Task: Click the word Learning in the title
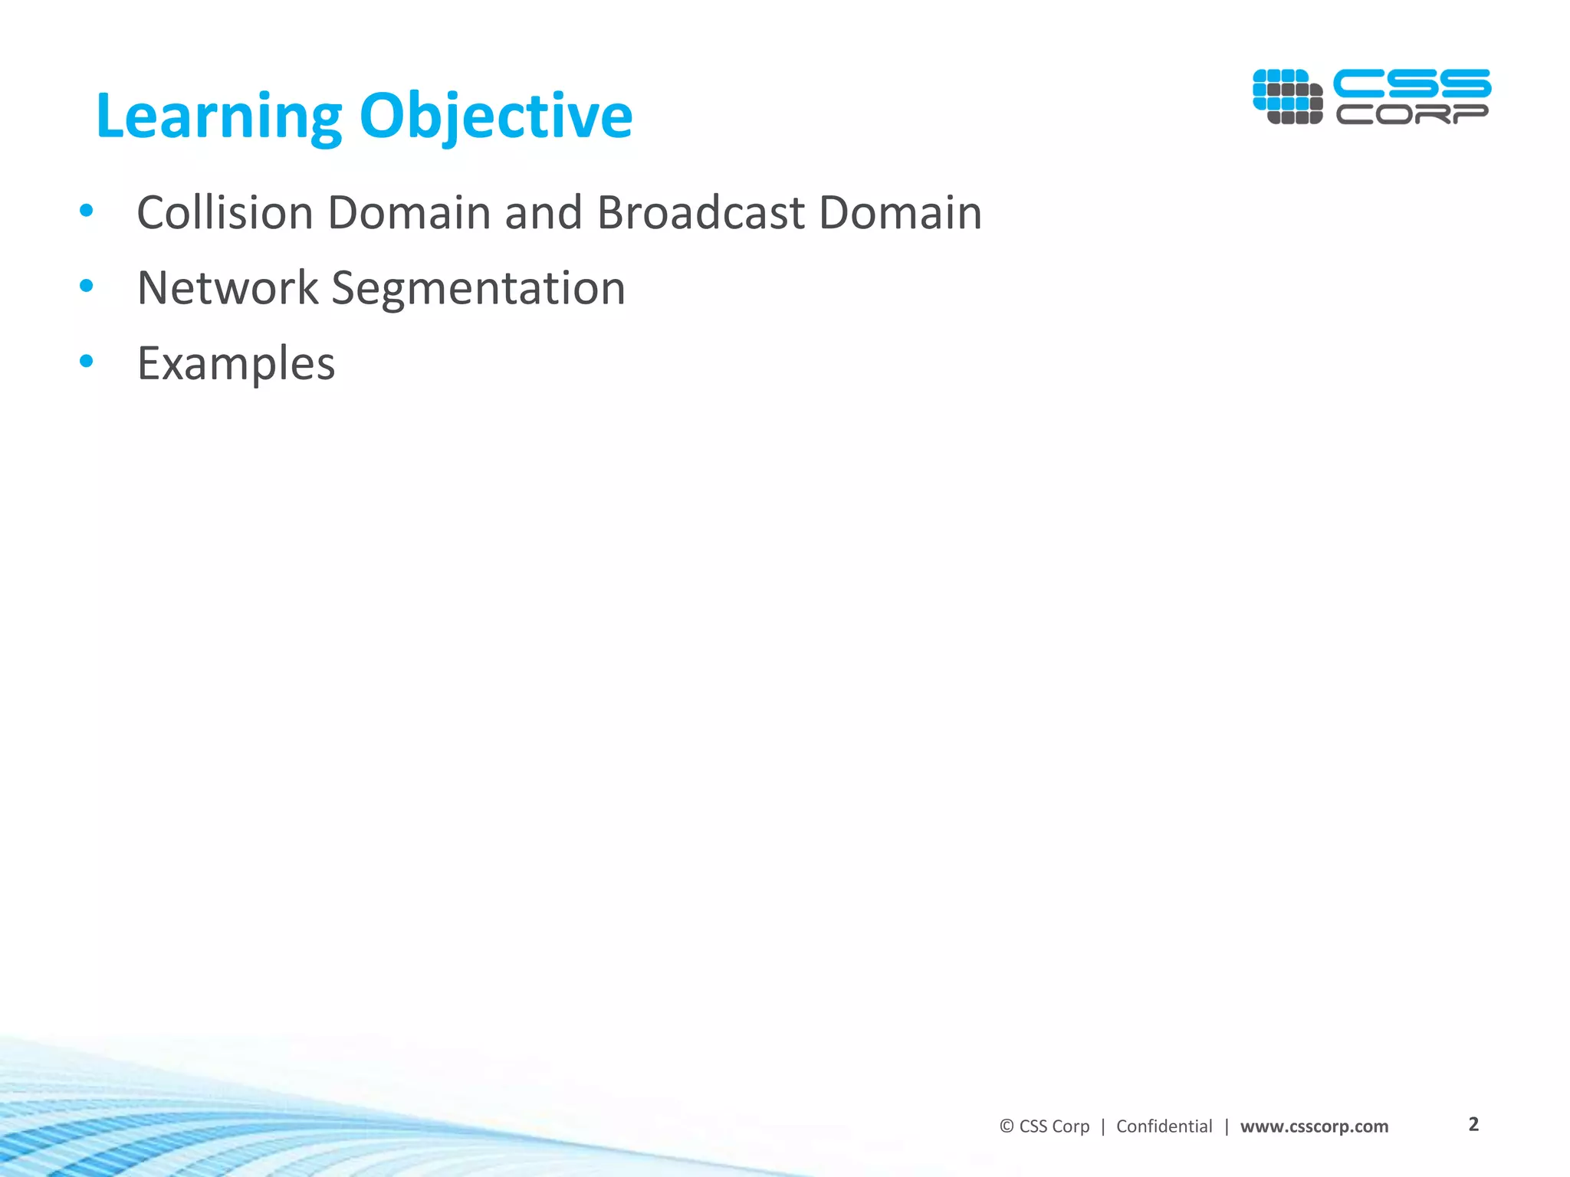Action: (x=218, y=116)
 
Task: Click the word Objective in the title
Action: (x=495, y=116)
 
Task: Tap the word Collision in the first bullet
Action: (x=225, y=212)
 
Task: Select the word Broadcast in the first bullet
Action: (x=700, y=212)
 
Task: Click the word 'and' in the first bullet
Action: (x=543, y=212)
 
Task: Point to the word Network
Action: (x=227, y=288)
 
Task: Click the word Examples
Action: (x=235, y=363)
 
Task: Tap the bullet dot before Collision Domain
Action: (x=87, y=211)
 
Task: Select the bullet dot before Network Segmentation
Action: (x=87, y=287)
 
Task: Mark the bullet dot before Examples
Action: (x=87, y=361)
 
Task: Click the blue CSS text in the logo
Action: (x=1411, y=84)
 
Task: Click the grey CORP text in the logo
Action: (x=1411, y=114)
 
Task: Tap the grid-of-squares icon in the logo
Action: (x=1287, y=97)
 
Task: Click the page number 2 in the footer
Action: (x=1473, y=1124)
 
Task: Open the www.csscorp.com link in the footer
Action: (x=1314, y=1126)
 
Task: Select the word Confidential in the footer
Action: (x=1164, y=1126)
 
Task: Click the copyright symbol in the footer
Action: (x=1007, y=1126)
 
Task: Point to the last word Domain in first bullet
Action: (x=900, y=212)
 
